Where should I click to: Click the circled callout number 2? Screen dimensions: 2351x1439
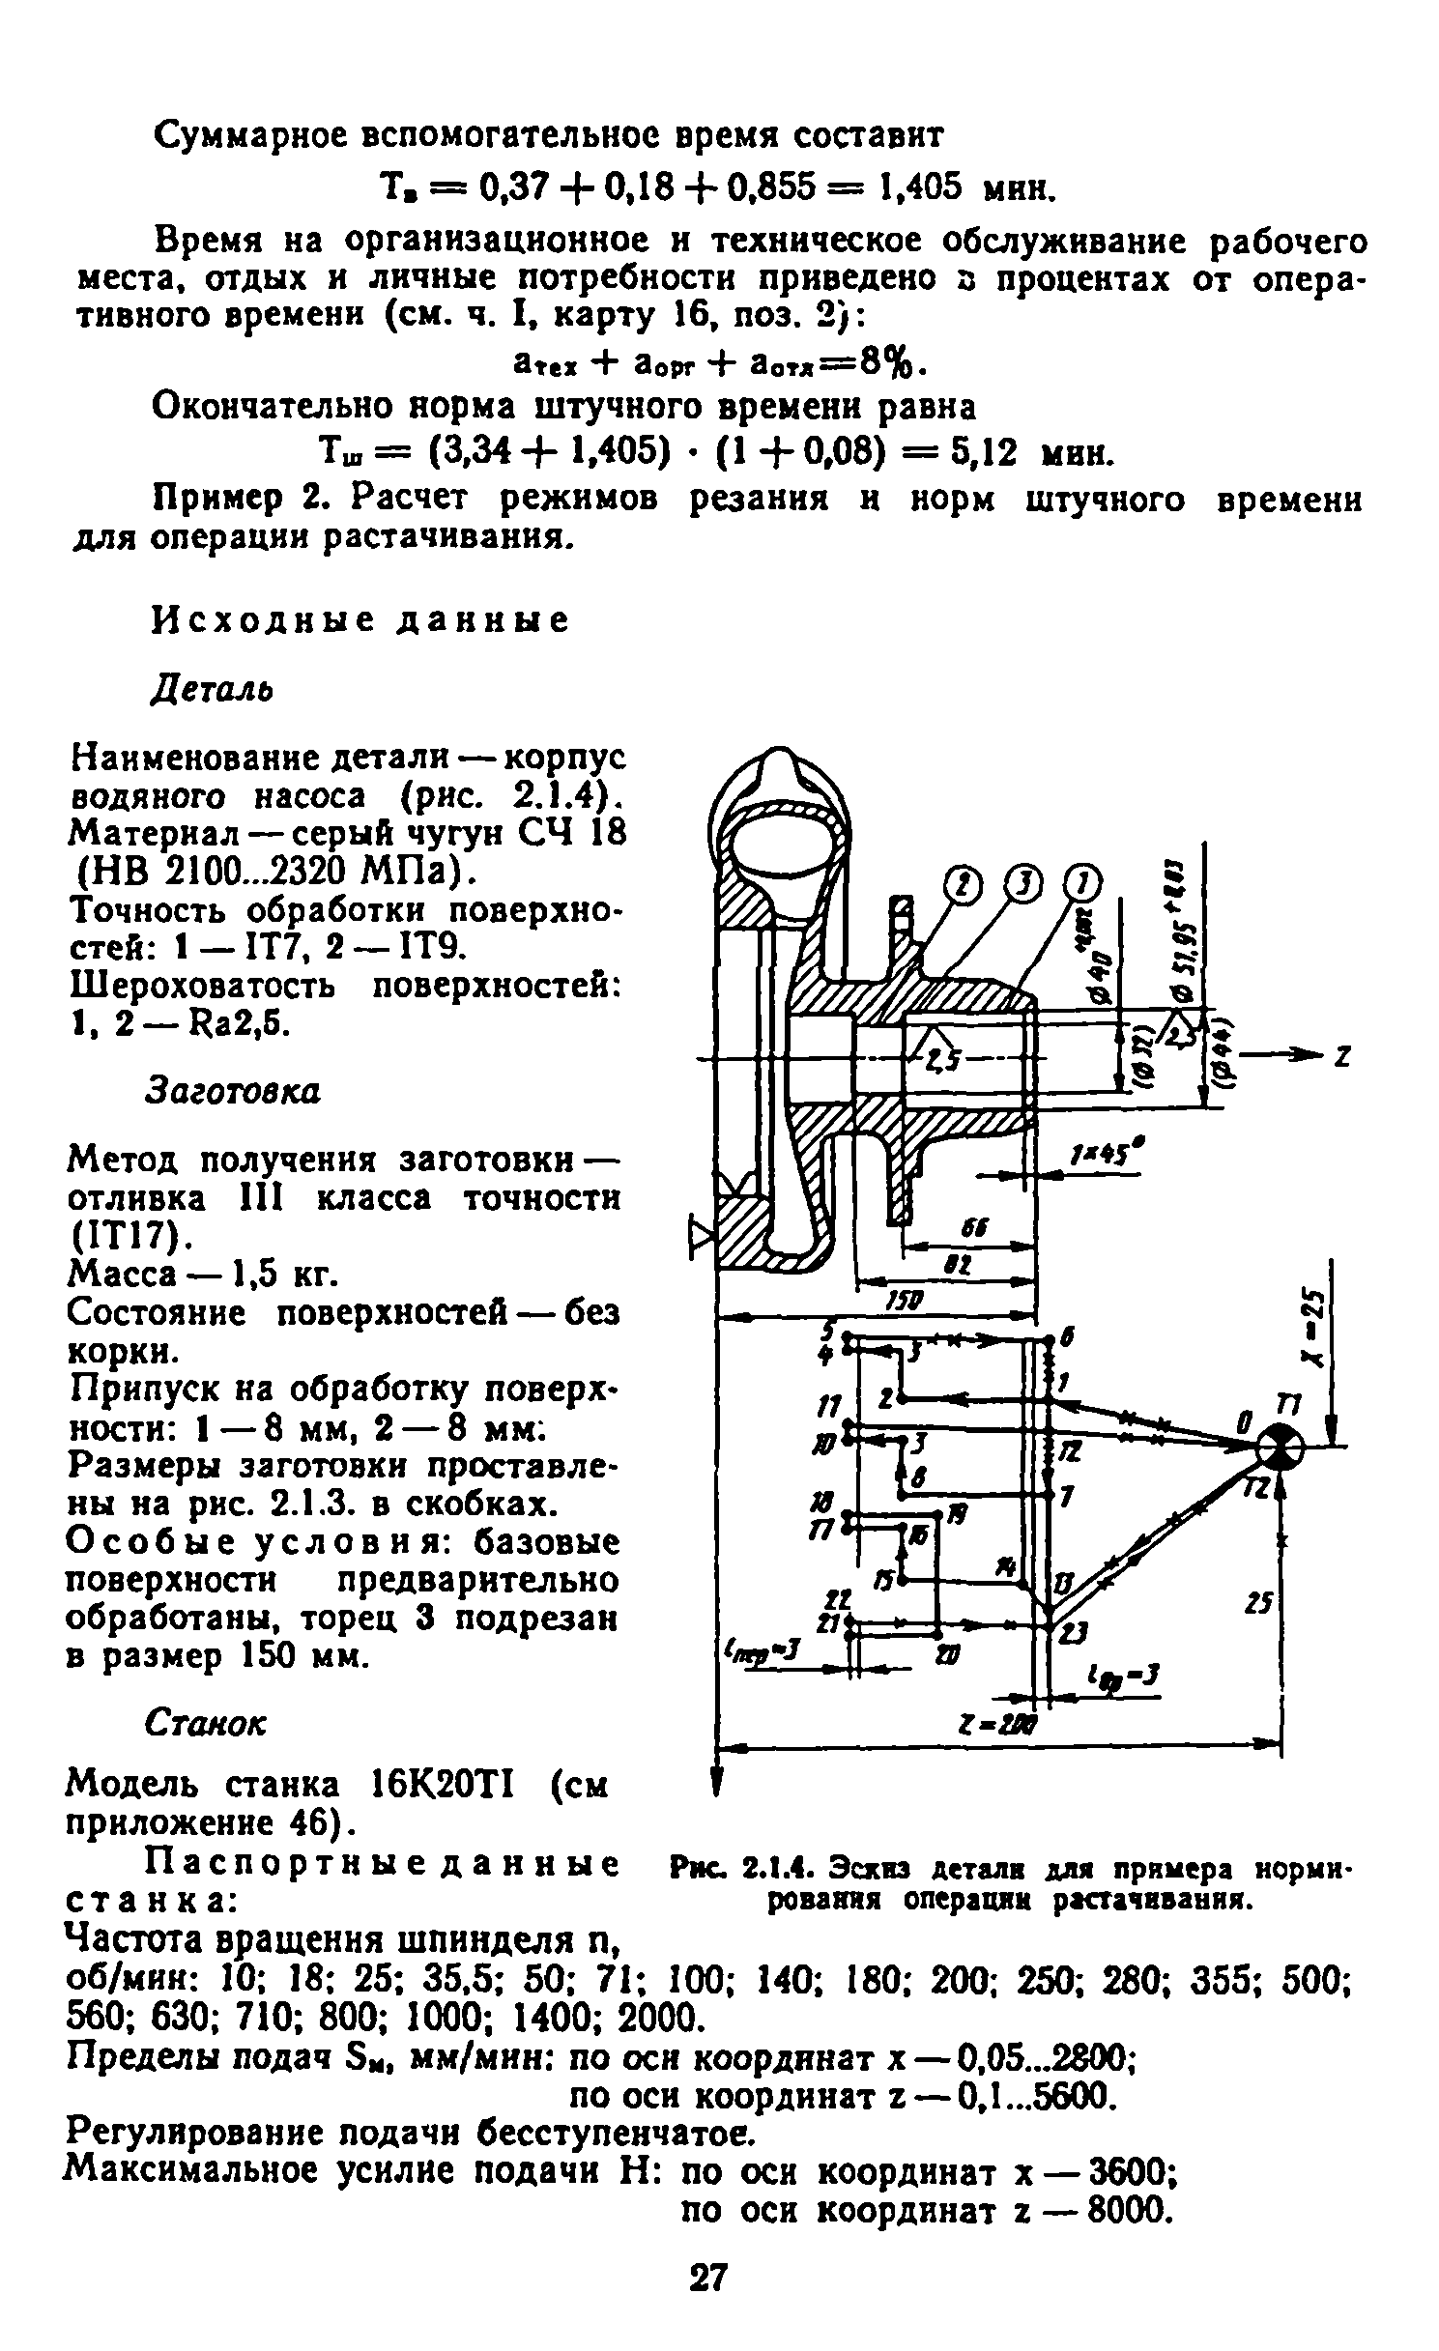963,884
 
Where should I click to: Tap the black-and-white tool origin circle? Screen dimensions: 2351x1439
1281,1448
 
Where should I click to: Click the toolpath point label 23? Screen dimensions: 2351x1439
1074,1633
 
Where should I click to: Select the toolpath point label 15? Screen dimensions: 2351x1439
882,1579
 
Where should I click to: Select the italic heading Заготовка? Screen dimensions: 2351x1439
232,1090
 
